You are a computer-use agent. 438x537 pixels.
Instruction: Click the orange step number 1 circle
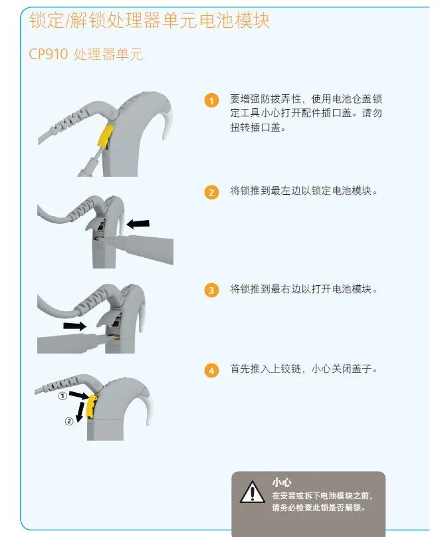(x=211, y=101)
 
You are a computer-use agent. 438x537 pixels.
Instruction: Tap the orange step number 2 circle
(x=211, y=193)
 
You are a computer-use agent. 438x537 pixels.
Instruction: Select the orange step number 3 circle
(x=211, y=290)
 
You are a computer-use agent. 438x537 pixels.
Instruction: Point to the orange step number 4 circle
(x=211, y=370)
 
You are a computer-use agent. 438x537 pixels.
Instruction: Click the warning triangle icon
(x=252, y=493)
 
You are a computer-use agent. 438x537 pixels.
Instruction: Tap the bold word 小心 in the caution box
(x=282, y=482)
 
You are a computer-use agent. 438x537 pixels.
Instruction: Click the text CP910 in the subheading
(x=48, y=54)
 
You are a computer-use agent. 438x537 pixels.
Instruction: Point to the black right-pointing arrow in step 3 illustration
(x=74, y=326)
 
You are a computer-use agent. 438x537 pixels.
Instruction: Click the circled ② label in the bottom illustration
(x=68, y=421)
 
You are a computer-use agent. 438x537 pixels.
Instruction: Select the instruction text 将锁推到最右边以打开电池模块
(x=303, y=290)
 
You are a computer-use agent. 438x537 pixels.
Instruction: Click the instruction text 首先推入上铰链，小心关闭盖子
(x=303, y=370)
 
